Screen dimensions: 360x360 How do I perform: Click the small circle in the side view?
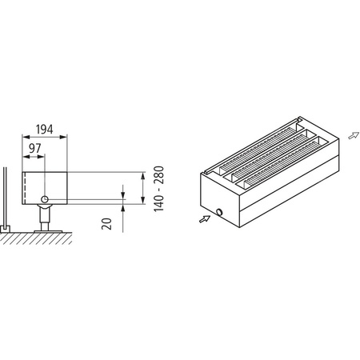pyautogui.click(x=46, y=198)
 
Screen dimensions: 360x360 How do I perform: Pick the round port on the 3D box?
pyautogui.click(x=218, y=213)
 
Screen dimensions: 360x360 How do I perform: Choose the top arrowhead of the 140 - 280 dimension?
pyautogui.click(x=142, y=173)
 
